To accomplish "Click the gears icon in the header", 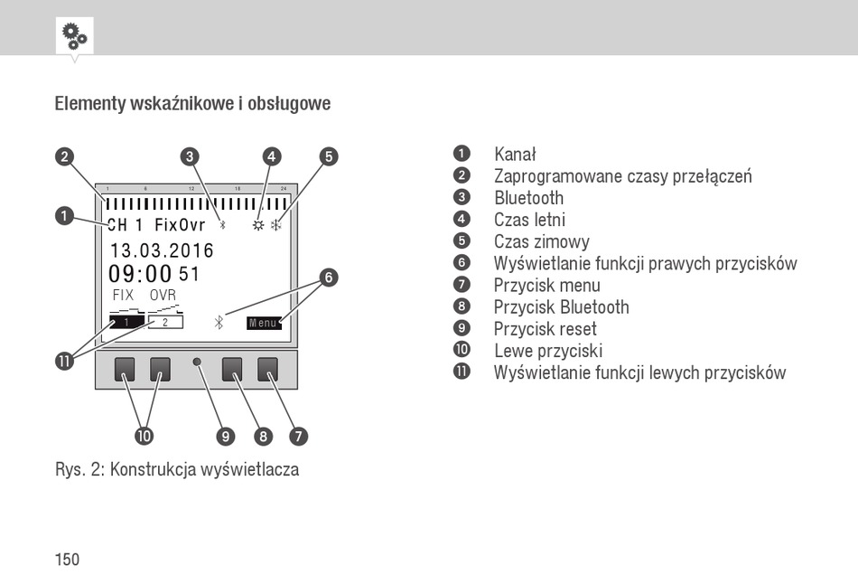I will pos(74,35).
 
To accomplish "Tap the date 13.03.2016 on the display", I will pos(162,250).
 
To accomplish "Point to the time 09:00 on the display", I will pos(140,274).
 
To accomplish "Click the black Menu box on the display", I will pos(264,323).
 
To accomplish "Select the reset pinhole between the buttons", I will pos(197,363).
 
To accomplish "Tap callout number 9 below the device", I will pos(227,436).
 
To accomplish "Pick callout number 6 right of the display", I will pos(329,278).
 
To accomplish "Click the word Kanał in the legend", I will pos(515,155).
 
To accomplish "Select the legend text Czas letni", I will pos(529,220).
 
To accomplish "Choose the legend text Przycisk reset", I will pos(545,329).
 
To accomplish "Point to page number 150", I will pos(67,560).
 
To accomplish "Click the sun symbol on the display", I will pos(259,225).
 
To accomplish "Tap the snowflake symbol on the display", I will pos(276,225).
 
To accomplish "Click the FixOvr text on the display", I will pos(180,225).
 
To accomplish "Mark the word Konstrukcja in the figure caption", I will pos(153,469).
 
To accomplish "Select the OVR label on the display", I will pos(163,296).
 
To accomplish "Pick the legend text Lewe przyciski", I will pos(547,351).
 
